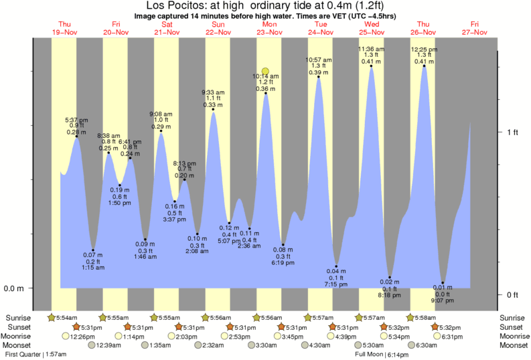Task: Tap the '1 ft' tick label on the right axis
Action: (x=512, y=132)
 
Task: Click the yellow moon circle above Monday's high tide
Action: (x=266, y=72)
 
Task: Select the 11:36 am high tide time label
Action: (x=371, y=49)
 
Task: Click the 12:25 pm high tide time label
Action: (x=424, y=49)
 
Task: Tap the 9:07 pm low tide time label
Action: (x=443, y=300)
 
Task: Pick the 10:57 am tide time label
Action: (x=319, y=60)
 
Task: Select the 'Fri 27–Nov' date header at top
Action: (x=474, y=27)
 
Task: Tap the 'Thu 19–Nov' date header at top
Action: (x=64, y=27)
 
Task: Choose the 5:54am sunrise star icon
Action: (x=52, y=317)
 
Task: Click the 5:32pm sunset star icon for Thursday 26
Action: (x=435, y=327)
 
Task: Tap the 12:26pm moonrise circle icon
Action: (x=66, y=336)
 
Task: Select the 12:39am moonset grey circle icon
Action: (x=91, y=345)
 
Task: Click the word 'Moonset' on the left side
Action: (x=20, y=345)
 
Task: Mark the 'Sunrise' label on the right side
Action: (x=512, y=317)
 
